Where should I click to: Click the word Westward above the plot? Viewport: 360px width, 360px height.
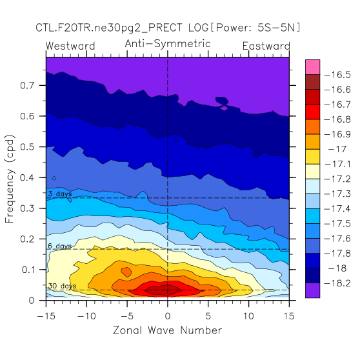(70, 46)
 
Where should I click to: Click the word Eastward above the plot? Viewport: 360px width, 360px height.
(266, 46)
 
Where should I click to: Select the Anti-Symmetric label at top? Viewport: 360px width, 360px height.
(168, 44)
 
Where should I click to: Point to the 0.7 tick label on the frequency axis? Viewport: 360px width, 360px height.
(27, 85)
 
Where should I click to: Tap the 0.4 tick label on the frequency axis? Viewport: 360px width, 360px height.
(27, 177)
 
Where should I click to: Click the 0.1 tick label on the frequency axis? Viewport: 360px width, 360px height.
(28, 270)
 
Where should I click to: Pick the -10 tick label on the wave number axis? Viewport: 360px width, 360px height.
(86, 316)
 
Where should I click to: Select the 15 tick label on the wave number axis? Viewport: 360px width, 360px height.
(289, 316)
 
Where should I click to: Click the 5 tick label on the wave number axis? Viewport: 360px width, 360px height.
(208, 316)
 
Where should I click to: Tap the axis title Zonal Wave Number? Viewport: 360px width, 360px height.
(168, 330)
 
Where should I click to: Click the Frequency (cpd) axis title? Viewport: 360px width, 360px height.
(10, 179)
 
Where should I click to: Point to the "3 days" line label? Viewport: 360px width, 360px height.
(60, 194)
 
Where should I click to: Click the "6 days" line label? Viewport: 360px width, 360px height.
(60, 246)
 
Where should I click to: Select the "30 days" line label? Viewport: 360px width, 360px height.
(62, 286)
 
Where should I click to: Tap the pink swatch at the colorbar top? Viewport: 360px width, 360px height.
(312, 67)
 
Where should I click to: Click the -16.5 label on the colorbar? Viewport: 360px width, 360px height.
(337, 75)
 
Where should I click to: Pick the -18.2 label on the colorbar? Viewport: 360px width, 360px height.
(337, 283)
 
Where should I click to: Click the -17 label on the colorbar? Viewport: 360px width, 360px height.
(337, 150)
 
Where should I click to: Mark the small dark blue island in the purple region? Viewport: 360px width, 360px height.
(222, 101)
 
